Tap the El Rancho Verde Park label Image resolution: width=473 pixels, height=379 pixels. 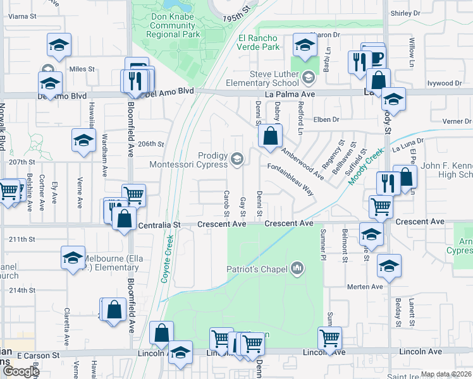point(259,42)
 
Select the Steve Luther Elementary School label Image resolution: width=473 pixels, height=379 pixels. point(274,78)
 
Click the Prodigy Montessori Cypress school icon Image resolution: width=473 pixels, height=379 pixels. point(237,159)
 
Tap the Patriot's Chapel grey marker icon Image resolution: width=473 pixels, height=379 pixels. point(298,270)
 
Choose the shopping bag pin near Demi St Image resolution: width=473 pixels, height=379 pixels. point(270,136)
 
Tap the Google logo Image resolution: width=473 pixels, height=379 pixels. point(21,371)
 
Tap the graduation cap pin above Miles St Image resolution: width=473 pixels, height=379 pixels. point(59,45)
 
